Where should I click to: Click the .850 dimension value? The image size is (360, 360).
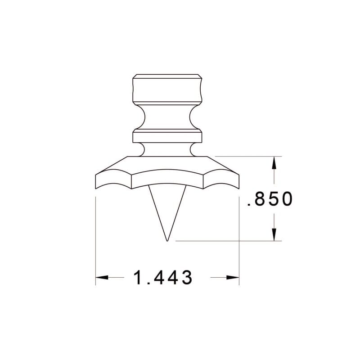click(270, 199)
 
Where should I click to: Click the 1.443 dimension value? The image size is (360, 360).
click(163, 278)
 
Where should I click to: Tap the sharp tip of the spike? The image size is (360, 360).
click(167, 240)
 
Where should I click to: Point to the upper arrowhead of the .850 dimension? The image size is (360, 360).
click(273, 163)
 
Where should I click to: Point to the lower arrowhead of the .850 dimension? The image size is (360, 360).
click(273, 234)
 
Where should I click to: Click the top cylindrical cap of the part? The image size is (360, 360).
click(167, 89)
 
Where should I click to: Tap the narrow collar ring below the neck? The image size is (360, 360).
click(167, 136)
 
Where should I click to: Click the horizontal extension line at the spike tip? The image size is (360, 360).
click(225, 241)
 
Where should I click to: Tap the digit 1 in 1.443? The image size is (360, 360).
click(138, 278)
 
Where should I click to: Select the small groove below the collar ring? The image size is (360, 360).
click(167, 149)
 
